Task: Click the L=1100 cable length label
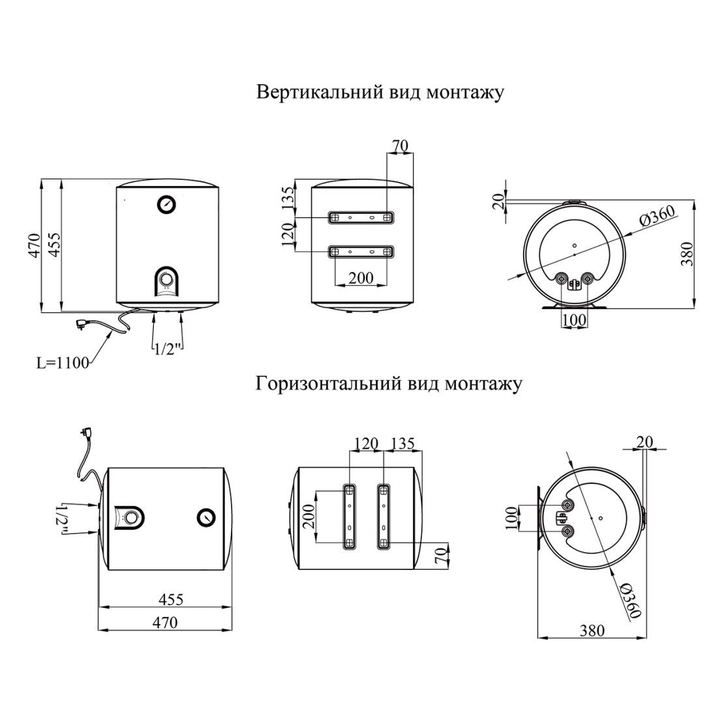tap(63, 363)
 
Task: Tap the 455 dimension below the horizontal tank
tap(171, 599)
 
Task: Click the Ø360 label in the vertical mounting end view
tap(657, 216)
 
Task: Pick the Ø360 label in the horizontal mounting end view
tap(631, 600)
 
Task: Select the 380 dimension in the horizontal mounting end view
tap(592, 630)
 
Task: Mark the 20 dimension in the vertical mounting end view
tap(498, 202)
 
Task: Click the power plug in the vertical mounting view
tap(85, 324)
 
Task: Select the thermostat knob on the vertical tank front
tap(166, 279)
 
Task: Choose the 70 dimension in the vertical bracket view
tap(400, 145)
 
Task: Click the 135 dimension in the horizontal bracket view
tap(402, 444)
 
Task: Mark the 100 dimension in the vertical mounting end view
tap(575, 320)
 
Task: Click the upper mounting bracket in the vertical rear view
tap(361, 217)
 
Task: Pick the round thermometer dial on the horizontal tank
tap(206, 517)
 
